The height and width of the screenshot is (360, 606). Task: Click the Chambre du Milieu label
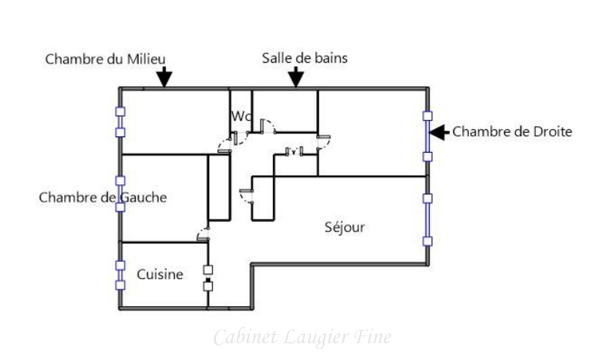tap(105, 59)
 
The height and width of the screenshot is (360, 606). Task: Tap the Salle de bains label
tap(304, 58)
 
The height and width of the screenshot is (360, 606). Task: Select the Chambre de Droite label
tap(512, 132)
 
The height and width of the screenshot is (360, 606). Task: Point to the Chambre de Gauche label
tap(102, 197)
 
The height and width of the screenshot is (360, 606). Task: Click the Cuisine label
tap(160, 274)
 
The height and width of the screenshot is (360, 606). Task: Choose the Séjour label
tap(344, 227)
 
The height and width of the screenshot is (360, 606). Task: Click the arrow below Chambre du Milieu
tap(164, 77)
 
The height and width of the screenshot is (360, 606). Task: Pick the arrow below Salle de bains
tap(296, 77)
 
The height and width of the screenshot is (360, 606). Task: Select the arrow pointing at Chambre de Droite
tap(439, 133)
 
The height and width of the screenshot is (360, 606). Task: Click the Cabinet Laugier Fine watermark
tap(302, 337)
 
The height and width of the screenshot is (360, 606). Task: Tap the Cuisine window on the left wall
tap(120, 274)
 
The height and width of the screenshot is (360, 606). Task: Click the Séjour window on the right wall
tap(428, 220)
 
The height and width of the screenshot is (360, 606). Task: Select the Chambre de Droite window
tap(427, 136)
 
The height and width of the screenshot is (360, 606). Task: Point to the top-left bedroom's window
tap(120, 122)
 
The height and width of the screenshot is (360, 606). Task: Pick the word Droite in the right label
tap(553, 132)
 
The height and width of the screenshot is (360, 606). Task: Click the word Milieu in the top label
tap(146, 59)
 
